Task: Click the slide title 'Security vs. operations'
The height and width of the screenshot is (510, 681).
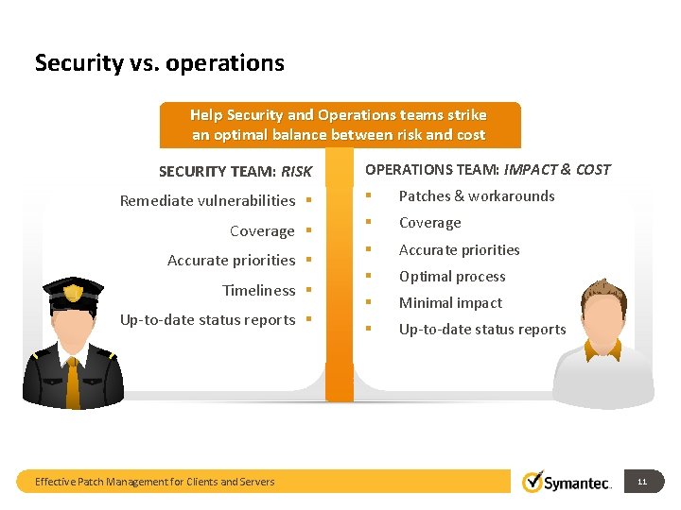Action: click(x=159, y=63)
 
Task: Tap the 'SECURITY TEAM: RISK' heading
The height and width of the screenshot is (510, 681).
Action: click(x=235, y=171)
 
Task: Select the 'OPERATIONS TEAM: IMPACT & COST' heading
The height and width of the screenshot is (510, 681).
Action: click(x=487, y=170)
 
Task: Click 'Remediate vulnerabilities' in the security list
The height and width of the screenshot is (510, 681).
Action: click(x=207, y=200)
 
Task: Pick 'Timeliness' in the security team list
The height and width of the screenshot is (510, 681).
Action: click(x=258, y=290)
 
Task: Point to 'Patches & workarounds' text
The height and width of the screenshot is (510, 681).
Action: click(x=477, y=196)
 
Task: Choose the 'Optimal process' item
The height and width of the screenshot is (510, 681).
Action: click(x=452, y=277)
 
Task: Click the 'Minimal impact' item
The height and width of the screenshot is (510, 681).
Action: click(x=450, y=303)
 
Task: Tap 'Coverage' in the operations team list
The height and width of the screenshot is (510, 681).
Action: click(x=429, y=223)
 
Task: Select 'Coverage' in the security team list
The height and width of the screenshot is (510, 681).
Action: click(x=262, y=230)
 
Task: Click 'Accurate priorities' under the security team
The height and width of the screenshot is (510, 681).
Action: click(x=231, y=260)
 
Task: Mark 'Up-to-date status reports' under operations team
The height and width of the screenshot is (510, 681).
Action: click(x=482, y=330)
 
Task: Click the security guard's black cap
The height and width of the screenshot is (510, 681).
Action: click(x=73, y=290)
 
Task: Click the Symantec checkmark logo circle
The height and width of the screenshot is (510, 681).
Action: click(x=533, y=482)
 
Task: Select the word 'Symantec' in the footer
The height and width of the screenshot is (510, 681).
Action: click(x=579, y=484)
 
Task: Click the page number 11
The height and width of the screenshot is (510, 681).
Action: click(x=642, y=482)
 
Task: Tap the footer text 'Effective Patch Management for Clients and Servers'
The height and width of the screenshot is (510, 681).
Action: click(x=154, y=482)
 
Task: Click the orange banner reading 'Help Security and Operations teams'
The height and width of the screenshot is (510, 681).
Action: click(x=338, y=125)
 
